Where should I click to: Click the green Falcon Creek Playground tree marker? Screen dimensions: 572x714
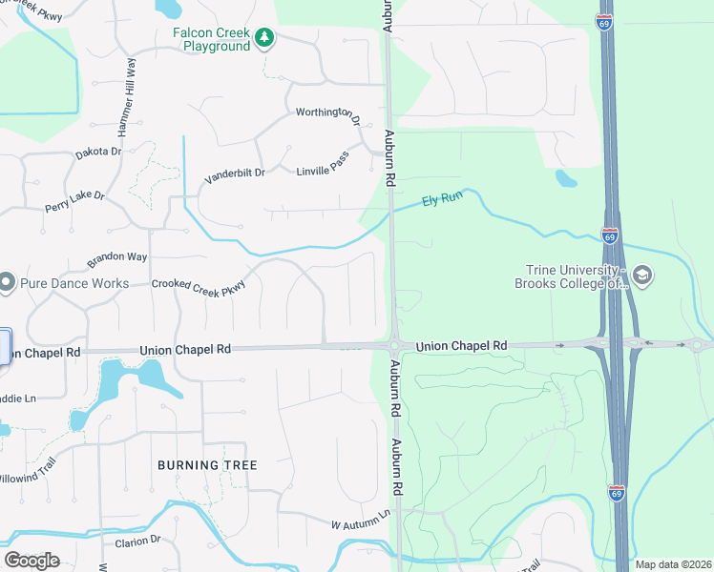pyautogui.click(x=264, y=38)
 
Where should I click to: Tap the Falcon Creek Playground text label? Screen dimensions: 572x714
pyautogui.click(x=211, y=39)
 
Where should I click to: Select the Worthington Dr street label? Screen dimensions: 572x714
pyautogui.click(x=328, y=115)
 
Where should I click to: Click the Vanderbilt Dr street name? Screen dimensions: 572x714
pyautogui.click(x=234, y=175)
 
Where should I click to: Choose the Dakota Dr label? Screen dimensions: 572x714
pyautogui.click(x=99, y=152)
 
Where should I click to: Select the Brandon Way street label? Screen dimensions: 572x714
pyautogui.click(x=117, y=259)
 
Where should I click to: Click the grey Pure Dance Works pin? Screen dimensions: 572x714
pyautogui.click(x=7, y=282)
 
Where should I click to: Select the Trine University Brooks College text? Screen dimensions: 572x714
pyautogui.click(x=570, y=276)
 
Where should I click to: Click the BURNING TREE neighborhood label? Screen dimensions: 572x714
pyautogui.click(x=207, y=465)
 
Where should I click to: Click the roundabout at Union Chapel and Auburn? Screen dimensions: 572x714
pyautogui.click(x=393, y=346)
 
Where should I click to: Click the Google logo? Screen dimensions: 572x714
pyautogui.click(x=32, y=560)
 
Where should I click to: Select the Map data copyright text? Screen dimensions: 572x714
pyautogui.click(x=672, y=564)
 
